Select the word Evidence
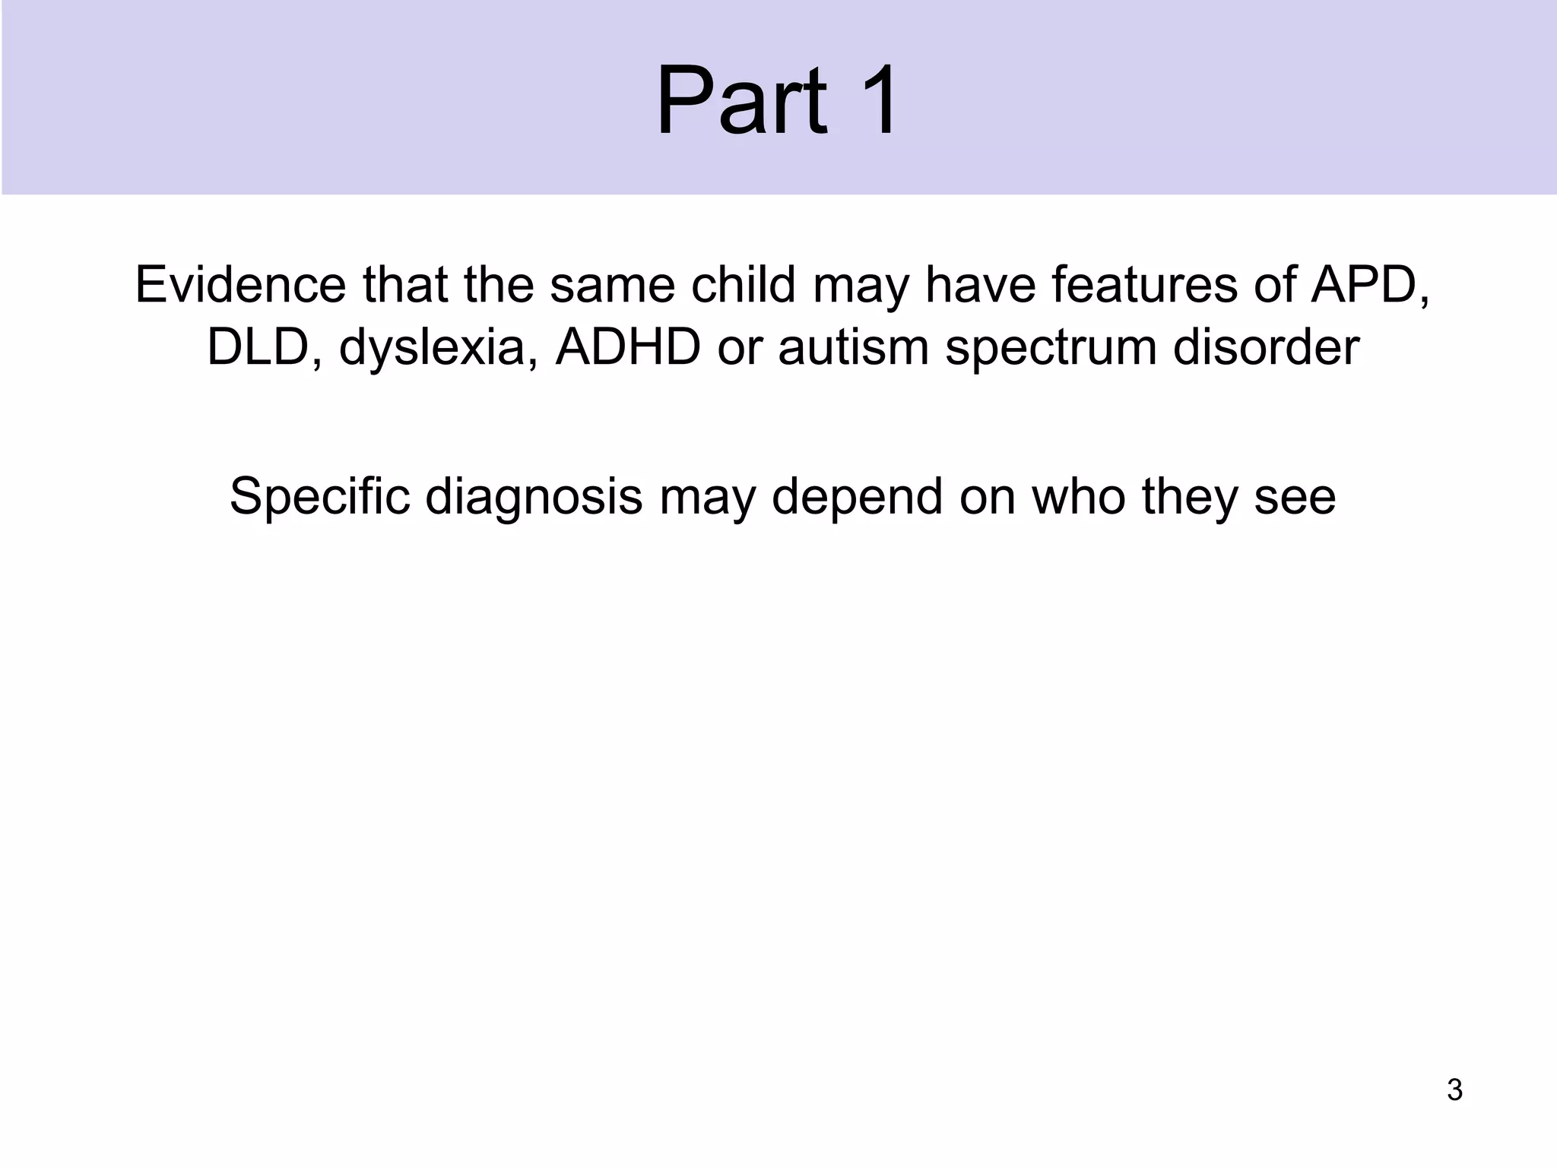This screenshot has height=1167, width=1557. pyautogui.click(x=240, y=285)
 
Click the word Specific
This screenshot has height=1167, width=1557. pyautogui.click(x=319, y=497)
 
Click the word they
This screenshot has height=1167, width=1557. pyautogui.click(x=1190, y=498)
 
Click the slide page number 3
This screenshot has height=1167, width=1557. pyautogui.click(x=1454, y=1090)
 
